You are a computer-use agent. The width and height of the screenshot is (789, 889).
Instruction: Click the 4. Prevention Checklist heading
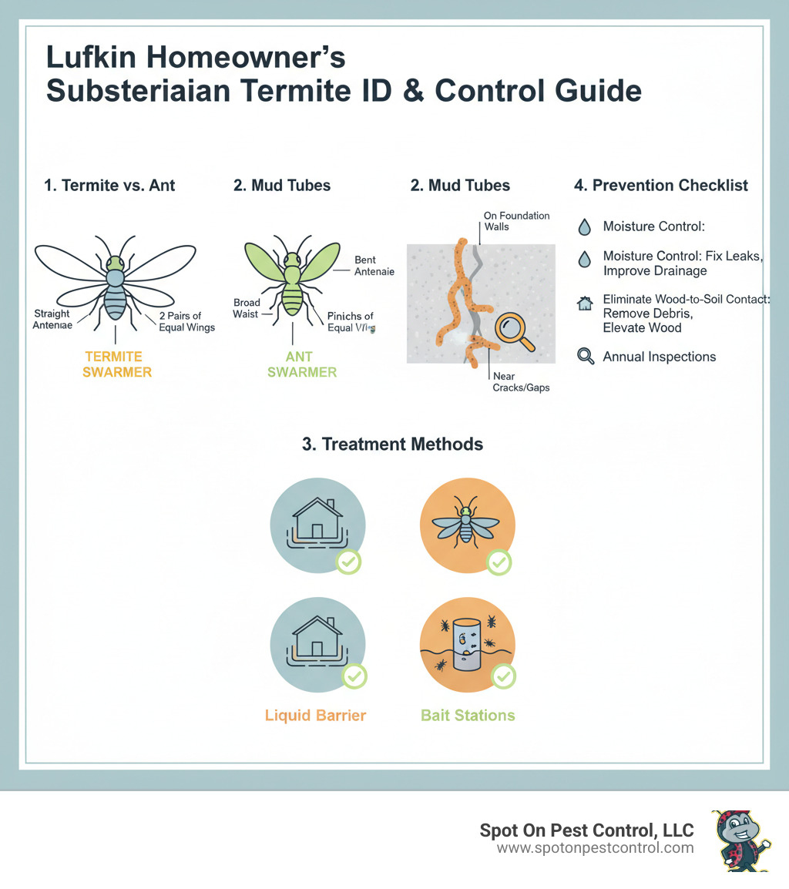(661, 185)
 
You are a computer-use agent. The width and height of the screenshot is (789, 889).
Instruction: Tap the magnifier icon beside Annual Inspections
(586, 357)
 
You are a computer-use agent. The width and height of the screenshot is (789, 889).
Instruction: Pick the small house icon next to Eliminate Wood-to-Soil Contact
(585, 304)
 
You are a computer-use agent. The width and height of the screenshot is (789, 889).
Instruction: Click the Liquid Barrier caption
(315, 715)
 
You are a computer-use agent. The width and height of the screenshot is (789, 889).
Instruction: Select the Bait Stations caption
(468, 715)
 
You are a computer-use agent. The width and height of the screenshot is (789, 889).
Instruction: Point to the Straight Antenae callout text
(52, 320)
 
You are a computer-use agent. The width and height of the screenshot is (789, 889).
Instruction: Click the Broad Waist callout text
(247, 309)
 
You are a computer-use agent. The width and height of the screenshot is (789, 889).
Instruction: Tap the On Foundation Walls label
(516, 222)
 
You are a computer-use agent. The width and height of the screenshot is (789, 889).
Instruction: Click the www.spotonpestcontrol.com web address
(595, 848)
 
